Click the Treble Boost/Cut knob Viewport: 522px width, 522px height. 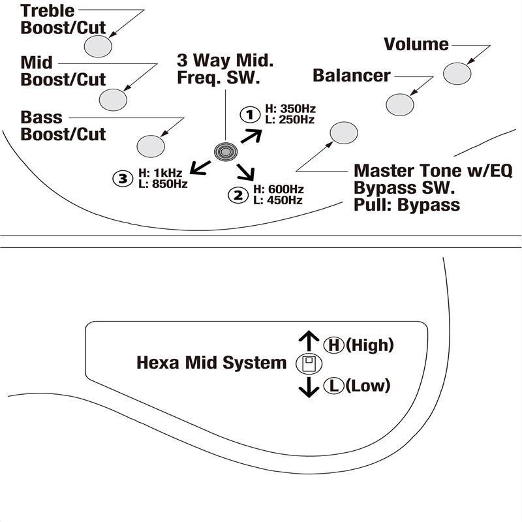point(98,46)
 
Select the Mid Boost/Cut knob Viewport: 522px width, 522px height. point(113,100)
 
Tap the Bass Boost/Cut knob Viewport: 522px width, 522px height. point(151,146)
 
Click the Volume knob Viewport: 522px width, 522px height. point(457,74)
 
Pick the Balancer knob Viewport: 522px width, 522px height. point(400,105)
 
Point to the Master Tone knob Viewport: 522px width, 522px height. point(344,133)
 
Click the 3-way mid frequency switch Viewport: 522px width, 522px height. point(226,152)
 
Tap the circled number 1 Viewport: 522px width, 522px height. point(250,115)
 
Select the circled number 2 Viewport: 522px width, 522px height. point(238,195)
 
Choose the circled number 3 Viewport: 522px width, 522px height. point(123,179)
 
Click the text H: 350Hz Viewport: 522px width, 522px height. point(290,109)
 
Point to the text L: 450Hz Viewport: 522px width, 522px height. point(278,200)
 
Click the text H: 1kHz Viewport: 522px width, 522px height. point(160,173)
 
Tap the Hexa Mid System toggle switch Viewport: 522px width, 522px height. point(309,363)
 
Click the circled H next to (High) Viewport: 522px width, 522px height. point(333,345)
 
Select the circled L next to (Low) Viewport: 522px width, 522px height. point(333,386)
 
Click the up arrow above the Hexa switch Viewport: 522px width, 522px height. point(309,341)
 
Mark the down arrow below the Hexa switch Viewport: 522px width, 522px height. point(309,387)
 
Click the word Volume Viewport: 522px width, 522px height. point(416,44)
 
